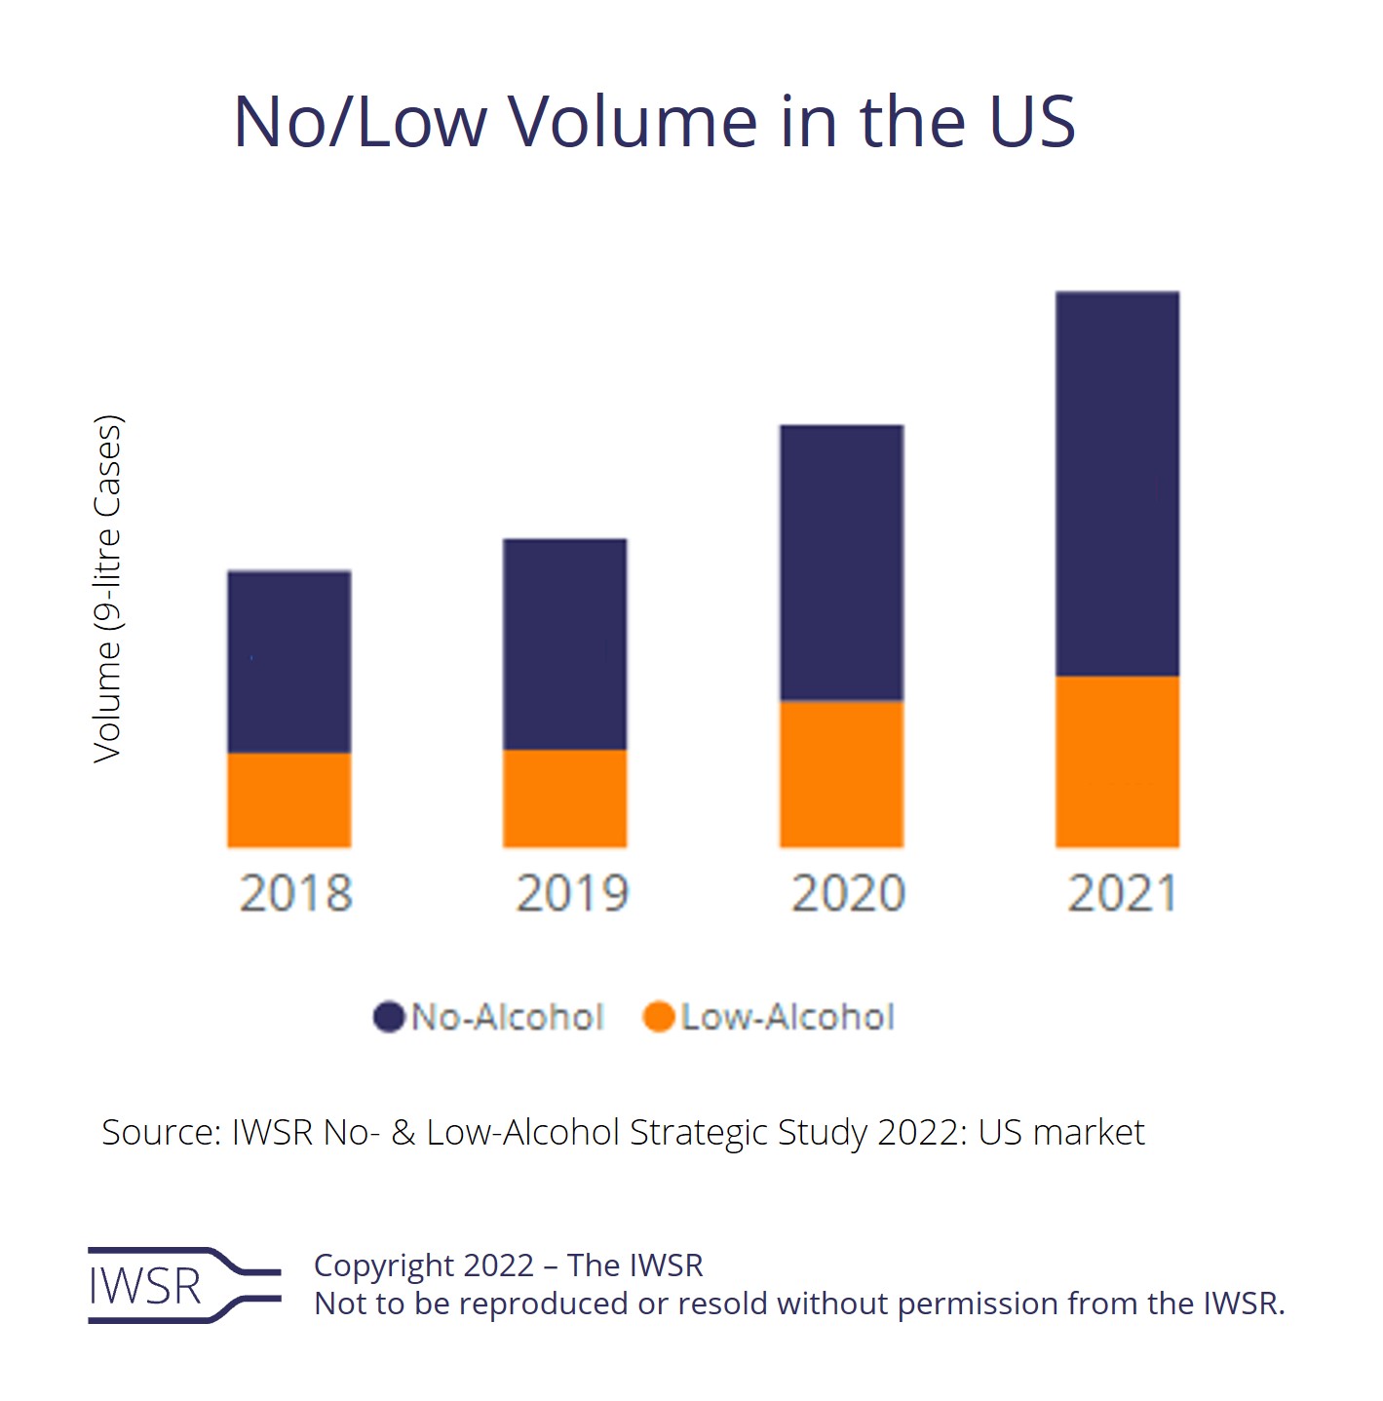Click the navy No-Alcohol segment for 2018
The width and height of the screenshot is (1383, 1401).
(289, 662)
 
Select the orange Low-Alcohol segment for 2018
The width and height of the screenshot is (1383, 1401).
(289, 799)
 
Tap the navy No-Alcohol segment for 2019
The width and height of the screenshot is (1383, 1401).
(565, 644)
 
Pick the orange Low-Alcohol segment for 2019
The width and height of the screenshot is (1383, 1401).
(565, 798)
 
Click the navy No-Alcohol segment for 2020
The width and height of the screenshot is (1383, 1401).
(842, 563)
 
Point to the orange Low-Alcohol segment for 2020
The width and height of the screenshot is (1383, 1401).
(842, 773)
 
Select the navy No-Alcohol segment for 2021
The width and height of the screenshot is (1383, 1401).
(1118, 484)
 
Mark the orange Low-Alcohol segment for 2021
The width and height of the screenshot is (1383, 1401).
(1118, 761)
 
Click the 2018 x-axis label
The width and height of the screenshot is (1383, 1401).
(295, 893)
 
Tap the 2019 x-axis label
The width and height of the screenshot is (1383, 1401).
(572, 893)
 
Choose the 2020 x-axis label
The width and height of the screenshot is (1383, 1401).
(848, 893)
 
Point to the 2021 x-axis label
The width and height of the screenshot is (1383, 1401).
(1123, 893)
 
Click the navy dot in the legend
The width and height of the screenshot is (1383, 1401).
(389, 1017)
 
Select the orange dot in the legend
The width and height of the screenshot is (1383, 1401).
(659, 1017)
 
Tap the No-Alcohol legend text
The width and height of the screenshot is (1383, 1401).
(508, 1017)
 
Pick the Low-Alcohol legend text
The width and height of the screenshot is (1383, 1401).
(788, 1017)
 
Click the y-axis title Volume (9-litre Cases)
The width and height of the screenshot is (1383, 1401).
(108, 589)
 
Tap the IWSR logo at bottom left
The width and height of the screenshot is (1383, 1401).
(183, 1285)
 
